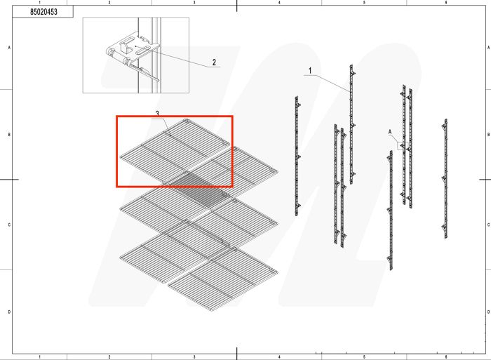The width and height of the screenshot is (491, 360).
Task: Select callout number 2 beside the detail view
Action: click(213, 62)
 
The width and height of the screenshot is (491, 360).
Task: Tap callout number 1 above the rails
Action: click(309, 71)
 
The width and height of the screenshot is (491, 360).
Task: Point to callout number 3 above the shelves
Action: click(157, 113)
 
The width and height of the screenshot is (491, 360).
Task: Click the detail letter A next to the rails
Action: click(390, 131)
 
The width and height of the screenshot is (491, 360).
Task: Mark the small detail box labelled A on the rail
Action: click(402, 146)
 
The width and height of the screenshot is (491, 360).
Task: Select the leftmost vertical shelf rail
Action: click(297, 156)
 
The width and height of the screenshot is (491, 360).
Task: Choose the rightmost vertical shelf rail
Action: click(444, 178)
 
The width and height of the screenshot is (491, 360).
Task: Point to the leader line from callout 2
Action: click(182, 58)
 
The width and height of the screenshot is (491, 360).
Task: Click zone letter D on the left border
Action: click(8, 311)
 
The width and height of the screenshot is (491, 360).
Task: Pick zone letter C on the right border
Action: click(487, 224)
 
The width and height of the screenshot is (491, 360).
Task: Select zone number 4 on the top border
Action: click(279, 3)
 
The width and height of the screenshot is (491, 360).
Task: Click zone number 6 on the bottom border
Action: click(446, 356)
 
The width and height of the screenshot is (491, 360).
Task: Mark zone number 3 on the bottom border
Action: click(194, 356)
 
